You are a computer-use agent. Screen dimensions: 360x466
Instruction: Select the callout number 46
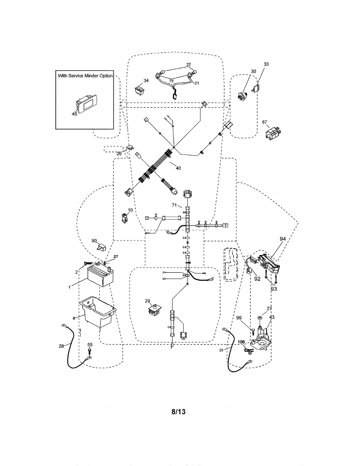click(75, 114)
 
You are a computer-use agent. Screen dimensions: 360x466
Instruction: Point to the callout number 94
click(283, 239)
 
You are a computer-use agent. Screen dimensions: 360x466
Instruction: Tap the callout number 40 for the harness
click(178, 168)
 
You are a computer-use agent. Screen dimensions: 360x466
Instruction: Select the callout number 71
click(174, 205)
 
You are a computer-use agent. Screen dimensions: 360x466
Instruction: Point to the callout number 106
click(241, 342)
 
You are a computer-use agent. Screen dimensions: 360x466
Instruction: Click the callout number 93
click(274, 289)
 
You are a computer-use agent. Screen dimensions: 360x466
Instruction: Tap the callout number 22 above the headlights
click(188, 64)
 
